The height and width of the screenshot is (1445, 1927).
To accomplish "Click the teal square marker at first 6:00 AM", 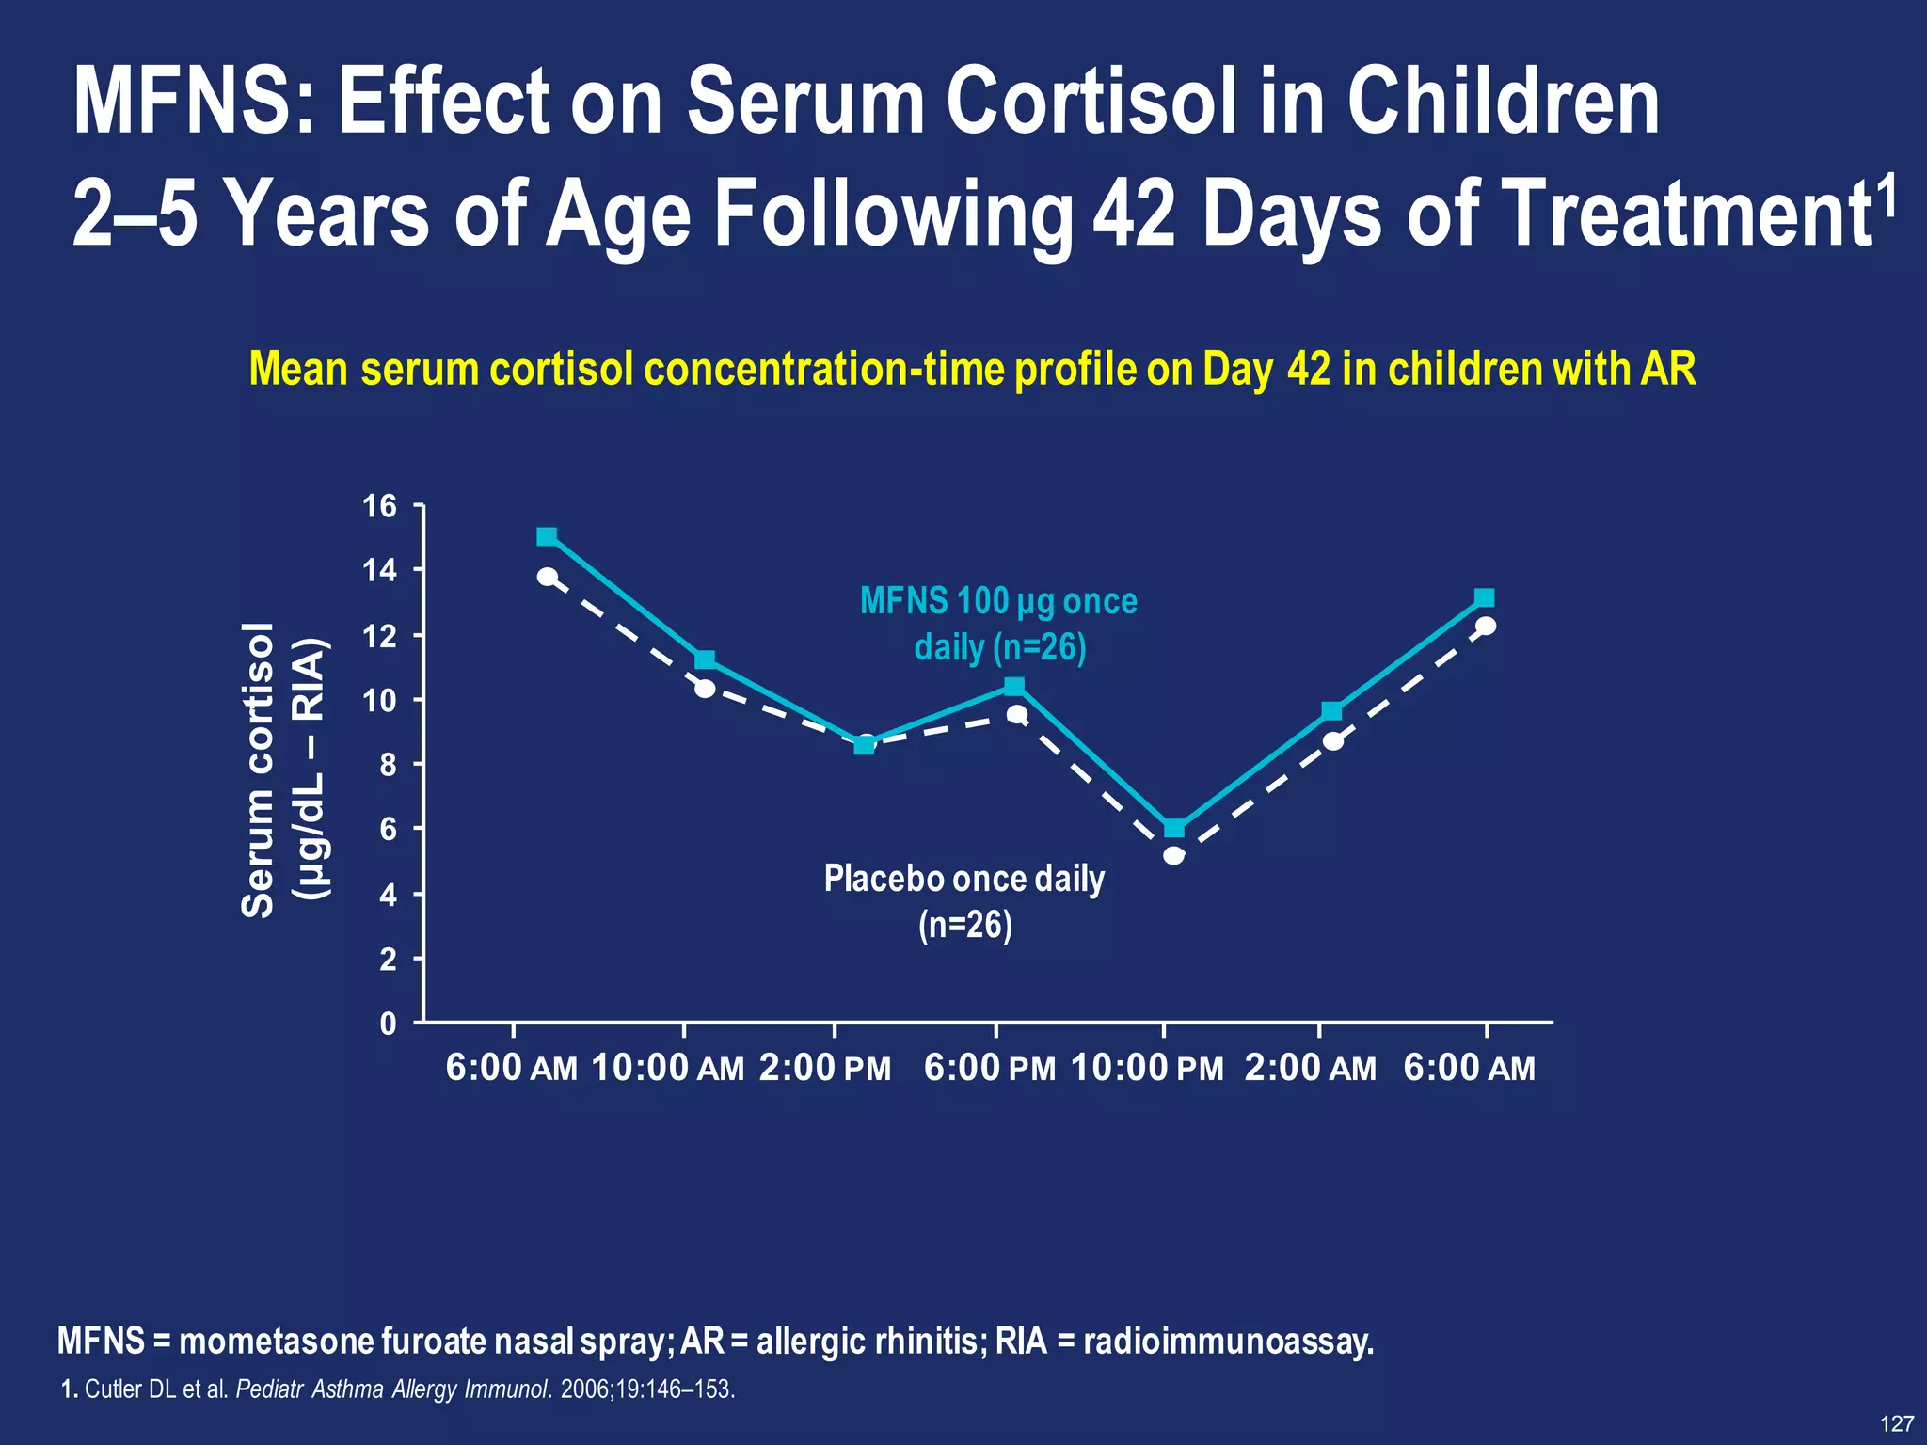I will click(547, 536).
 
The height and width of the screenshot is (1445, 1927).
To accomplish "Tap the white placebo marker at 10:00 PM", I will click(1173, 855).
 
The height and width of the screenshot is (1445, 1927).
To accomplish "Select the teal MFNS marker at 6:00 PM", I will click(1014, 687).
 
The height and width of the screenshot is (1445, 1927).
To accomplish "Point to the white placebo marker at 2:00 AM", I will click(1332, 741).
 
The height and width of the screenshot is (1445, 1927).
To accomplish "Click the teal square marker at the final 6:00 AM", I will click(1484, 598).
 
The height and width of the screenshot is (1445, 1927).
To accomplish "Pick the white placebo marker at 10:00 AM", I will click(705, 689).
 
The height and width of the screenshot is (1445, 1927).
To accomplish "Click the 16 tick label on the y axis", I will click(380, 507).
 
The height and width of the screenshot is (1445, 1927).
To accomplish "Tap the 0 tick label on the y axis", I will click(388, 1024).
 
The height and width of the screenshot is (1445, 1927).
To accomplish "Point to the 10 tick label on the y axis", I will click(380, 701).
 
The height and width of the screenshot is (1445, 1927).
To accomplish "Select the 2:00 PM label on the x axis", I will click(824, 1069).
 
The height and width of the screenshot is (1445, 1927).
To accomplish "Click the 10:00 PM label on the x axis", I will click(1147, 1069).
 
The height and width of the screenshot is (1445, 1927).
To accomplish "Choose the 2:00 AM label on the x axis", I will click(1310, 1069).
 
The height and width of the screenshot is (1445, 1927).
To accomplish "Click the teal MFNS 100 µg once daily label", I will click(999, 624).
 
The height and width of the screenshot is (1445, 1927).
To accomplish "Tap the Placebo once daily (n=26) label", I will click(964, 901).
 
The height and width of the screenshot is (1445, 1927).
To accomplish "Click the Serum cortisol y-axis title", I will click(257, 770).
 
